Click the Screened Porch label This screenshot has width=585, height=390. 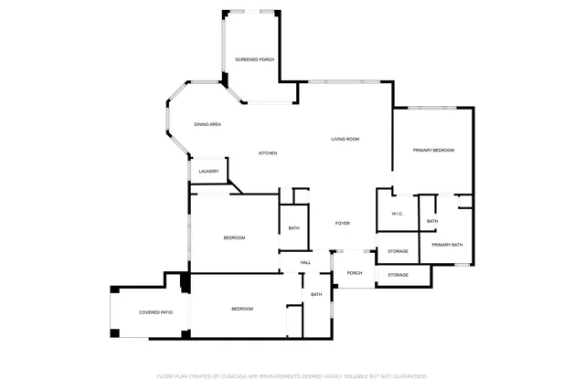coord(254,59)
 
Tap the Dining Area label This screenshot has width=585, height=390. coord(207,124)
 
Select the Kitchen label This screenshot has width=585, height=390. coord(267,153)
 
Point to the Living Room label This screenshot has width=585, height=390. coord(345,139)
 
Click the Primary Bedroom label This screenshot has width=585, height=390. coord(433,150)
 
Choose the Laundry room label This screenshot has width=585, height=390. coord(207,171)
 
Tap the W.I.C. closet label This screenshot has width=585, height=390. coord(398,214)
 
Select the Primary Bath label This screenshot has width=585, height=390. coord(448,245)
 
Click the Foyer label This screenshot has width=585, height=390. coord(343,223)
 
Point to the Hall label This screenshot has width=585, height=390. coord(305,262)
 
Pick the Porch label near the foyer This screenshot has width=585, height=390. coord(354,273)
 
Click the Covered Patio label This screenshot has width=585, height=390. coord(155,312)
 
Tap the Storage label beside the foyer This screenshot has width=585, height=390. coord(398,251)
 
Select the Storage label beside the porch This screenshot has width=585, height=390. coord(398,274)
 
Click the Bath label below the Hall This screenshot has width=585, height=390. coord(315,294)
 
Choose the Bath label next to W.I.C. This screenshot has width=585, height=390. coord(431,221)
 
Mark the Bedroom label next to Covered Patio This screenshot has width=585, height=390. coord(241,309)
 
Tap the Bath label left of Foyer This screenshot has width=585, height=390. coord(293,228)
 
